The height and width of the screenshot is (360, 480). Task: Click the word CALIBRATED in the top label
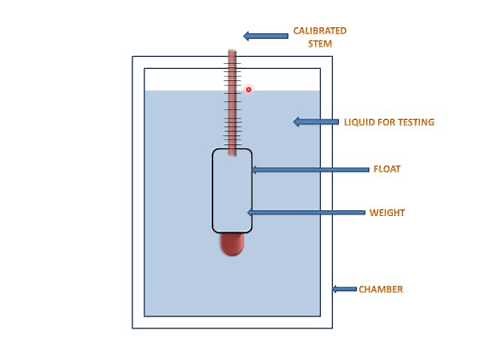319,31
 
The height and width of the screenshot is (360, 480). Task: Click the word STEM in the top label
319,44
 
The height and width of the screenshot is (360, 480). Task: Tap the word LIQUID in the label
360,122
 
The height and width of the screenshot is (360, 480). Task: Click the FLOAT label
387,169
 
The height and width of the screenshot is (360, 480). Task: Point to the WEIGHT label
387,213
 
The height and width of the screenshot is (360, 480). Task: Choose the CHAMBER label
382,289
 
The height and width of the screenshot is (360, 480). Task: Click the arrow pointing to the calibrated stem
266,36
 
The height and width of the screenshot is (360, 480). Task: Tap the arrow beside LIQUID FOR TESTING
315,122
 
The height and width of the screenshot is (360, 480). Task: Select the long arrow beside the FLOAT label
309,170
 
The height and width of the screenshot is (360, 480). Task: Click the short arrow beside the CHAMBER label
344,289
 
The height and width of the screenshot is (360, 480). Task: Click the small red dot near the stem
249,89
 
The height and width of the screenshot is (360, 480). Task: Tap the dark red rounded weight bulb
232,243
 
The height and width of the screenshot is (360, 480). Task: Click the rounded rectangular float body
232,190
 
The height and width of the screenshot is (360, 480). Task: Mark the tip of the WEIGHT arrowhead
247,213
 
